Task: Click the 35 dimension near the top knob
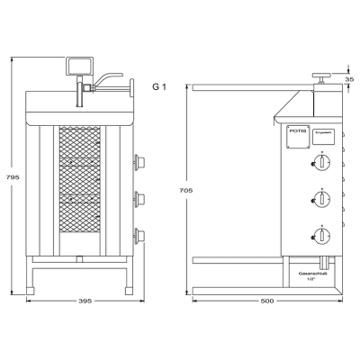pyautogui.click(x=350, y=80)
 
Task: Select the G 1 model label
pyautogui.click(x=158, y=86)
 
